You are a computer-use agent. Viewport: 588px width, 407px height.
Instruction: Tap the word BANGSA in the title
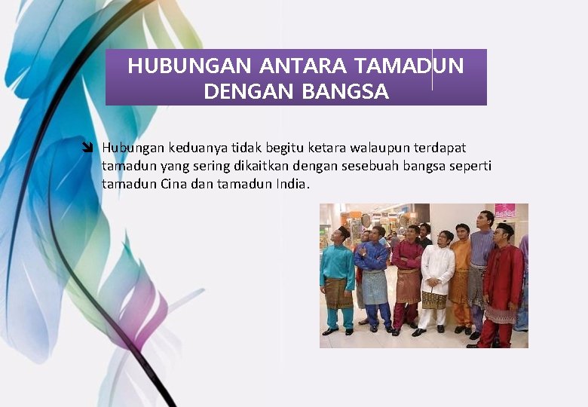[x=345, y=92]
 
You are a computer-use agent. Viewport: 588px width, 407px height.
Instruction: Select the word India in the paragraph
[x=292, y=184]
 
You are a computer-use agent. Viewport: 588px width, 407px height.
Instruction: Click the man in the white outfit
[x=436, y=279]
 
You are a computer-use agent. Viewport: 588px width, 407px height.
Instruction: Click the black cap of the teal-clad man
[x=343, y=229]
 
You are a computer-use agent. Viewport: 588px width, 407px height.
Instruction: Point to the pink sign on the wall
[x=505, y=210]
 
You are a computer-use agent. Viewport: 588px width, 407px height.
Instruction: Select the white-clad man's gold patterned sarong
[x=434, y=301]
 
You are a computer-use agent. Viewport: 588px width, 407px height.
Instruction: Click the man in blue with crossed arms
[x=374, y=275]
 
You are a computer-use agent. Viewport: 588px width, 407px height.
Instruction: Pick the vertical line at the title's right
[x=432, y=70]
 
